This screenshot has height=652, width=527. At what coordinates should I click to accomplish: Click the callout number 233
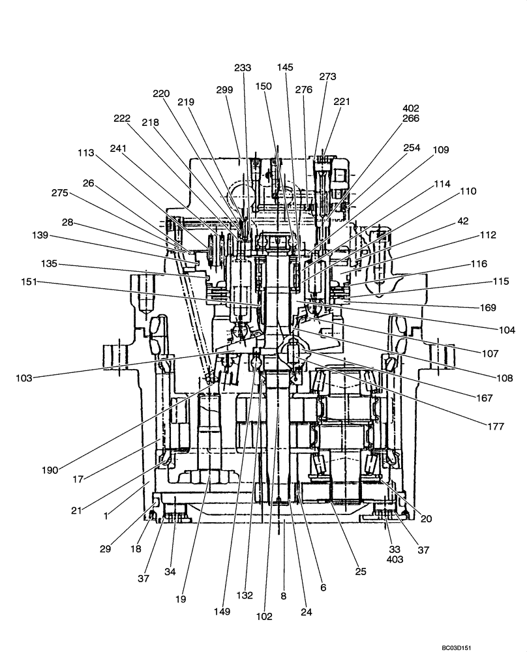click(243, 68)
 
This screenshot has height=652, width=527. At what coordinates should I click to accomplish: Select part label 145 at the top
click(285, 67)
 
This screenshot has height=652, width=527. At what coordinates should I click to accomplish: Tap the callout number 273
click(327, 76)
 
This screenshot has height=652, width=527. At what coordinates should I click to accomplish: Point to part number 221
click(342, 102)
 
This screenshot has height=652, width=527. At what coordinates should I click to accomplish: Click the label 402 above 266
click(411, 108)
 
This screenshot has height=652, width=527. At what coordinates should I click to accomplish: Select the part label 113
click(85, 154)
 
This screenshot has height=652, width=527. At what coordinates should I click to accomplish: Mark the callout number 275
click(60, 193)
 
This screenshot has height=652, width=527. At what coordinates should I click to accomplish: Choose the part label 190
click(50, 469)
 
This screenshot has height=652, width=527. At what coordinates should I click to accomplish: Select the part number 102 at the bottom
click(264, 616)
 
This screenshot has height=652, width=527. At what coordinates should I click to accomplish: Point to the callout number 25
click(361, 571)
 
